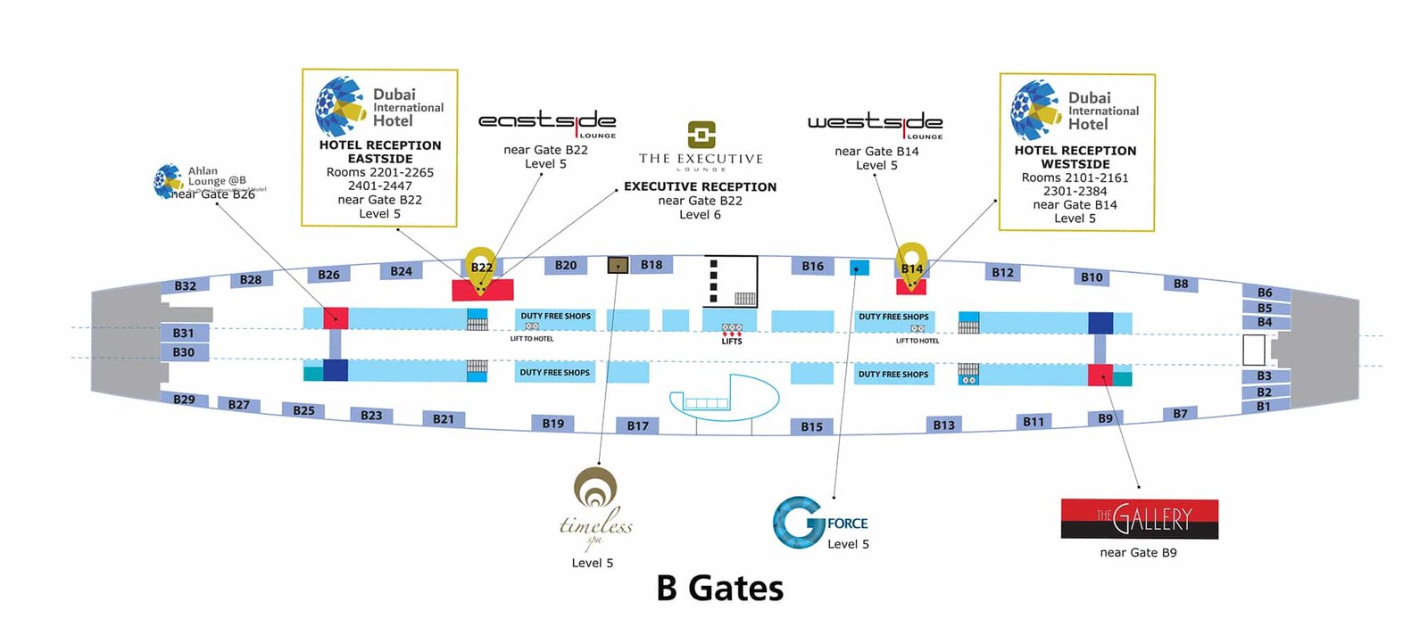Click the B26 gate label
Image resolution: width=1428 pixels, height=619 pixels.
[328, 275]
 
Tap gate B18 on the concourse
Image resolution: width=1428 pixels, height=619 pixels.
[652, 265]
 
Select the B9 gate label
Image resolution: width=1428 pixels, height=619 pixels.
[1105, 418]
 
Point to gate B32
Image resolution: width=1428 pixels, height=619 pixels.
[185, 286]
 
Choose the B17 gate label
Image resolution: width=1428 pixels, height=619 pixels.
[637, 425]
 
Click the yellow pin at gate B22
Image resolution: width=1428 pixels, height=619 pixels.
[481, 265]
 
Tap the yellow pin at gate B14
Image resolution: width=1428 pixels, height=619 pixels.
[911, 264]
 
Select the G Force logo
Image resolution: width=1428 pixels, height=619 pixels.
[818, 522]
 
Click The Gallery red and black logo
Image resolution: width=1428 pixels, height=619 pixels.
[1139, 518]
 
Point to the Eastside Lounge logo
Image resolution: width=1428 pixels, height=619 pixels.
[547, 122]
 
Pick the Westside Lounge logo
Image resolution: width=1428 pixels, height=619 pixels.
[875, 124]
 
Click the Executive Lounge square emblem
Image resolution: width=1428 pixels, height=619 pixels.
[702, 135]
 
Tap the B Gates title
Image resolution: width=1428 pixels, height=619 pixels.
[719, 589]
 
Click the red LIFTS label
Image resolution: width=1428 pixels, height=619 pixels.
[732, 341]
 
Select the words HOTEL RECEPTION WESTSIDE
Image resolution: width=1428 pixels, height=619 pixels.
[1075, 157]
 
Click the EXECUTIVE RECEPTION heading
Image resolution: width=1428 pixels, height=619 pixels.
[700, 186]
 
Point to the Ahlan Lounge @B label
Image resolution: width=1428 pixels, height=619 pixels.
[216, 176]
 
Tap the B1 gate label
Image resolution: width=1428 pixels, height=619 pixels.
[1264, 407]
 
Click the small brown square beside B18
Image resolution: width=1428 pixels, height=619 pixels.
[618, 265]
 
